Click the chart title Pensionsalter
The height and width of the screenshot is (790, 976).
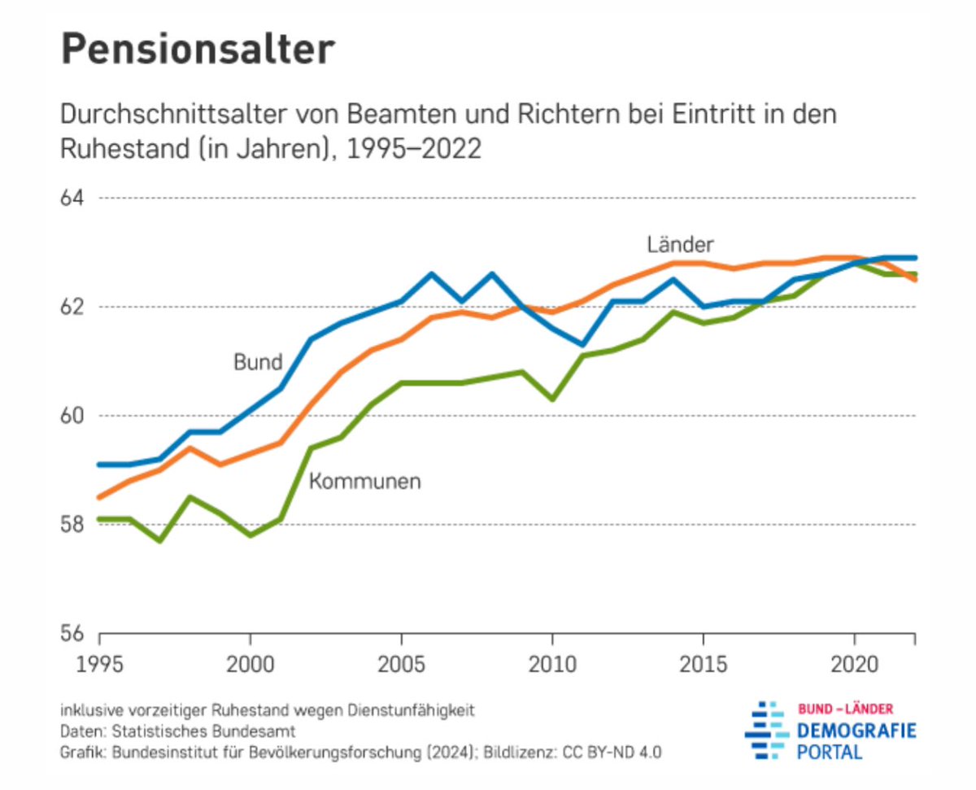[x=198, y=50]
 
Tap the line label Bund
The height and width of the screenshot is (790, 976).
[x=258, y=363]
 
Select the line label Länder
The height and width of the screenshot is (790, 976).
[x=681, y=244]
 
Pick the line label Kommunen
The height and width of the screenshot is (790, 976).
[x=364, y=482]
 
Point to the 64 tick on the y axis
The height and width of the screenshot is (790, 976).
[x=76, y=199]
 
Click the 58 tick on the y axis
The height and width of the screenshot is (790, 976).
[x=76, y=525]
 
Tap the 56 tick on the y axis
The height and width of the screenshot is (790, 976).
[x=76, y=633]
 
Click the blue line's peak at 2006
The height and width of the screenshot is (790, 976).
[x=432, y=274]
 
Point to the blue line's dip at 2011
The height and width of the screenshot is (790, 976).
[x=582, y=344]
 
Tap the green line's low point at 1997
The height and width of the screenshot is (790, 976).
[x=160, y=541]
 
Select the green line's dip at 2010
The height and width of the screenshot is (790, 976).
[x=552, y=399]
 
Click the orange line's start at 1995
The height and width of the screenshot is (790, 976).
[x=100, y=497]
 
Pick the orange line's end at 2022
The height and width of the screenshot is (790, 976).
[x=915, y=280]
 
